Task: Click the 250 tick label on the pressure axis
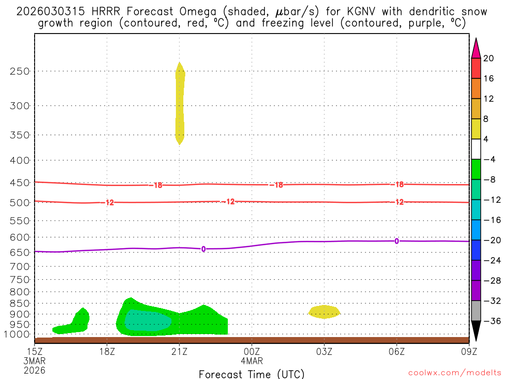tap(20, 71)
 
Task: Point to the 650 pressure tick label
tap(20, 252)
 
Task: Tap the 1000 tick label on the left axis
tap(18, 335)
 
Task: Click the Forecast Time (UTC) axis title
tap(252, 374)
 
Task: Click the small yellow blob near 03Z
tap(324, 311)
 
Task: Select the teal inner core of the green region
tap(147, 321)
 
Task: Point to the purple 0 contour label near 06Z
tap(396, 241)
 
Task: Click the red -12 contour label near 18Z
tap(110, 202)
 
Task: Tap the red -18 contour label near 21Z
tap(158, 185)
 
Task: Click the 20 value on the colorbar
tap(489, 58)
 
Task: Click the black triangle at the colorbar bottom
tap(476, 331)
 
